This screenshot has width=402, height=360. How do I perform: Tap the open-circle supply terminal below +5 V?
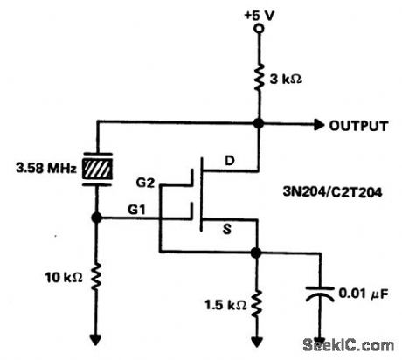(257, 30)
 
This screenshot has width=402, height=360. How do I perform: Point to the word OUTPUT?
(358, 126)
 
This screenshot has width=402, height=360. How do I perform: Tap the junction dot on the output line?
(257, 125)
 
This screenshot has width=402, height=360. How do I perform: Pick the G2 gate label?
(147, 183)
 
